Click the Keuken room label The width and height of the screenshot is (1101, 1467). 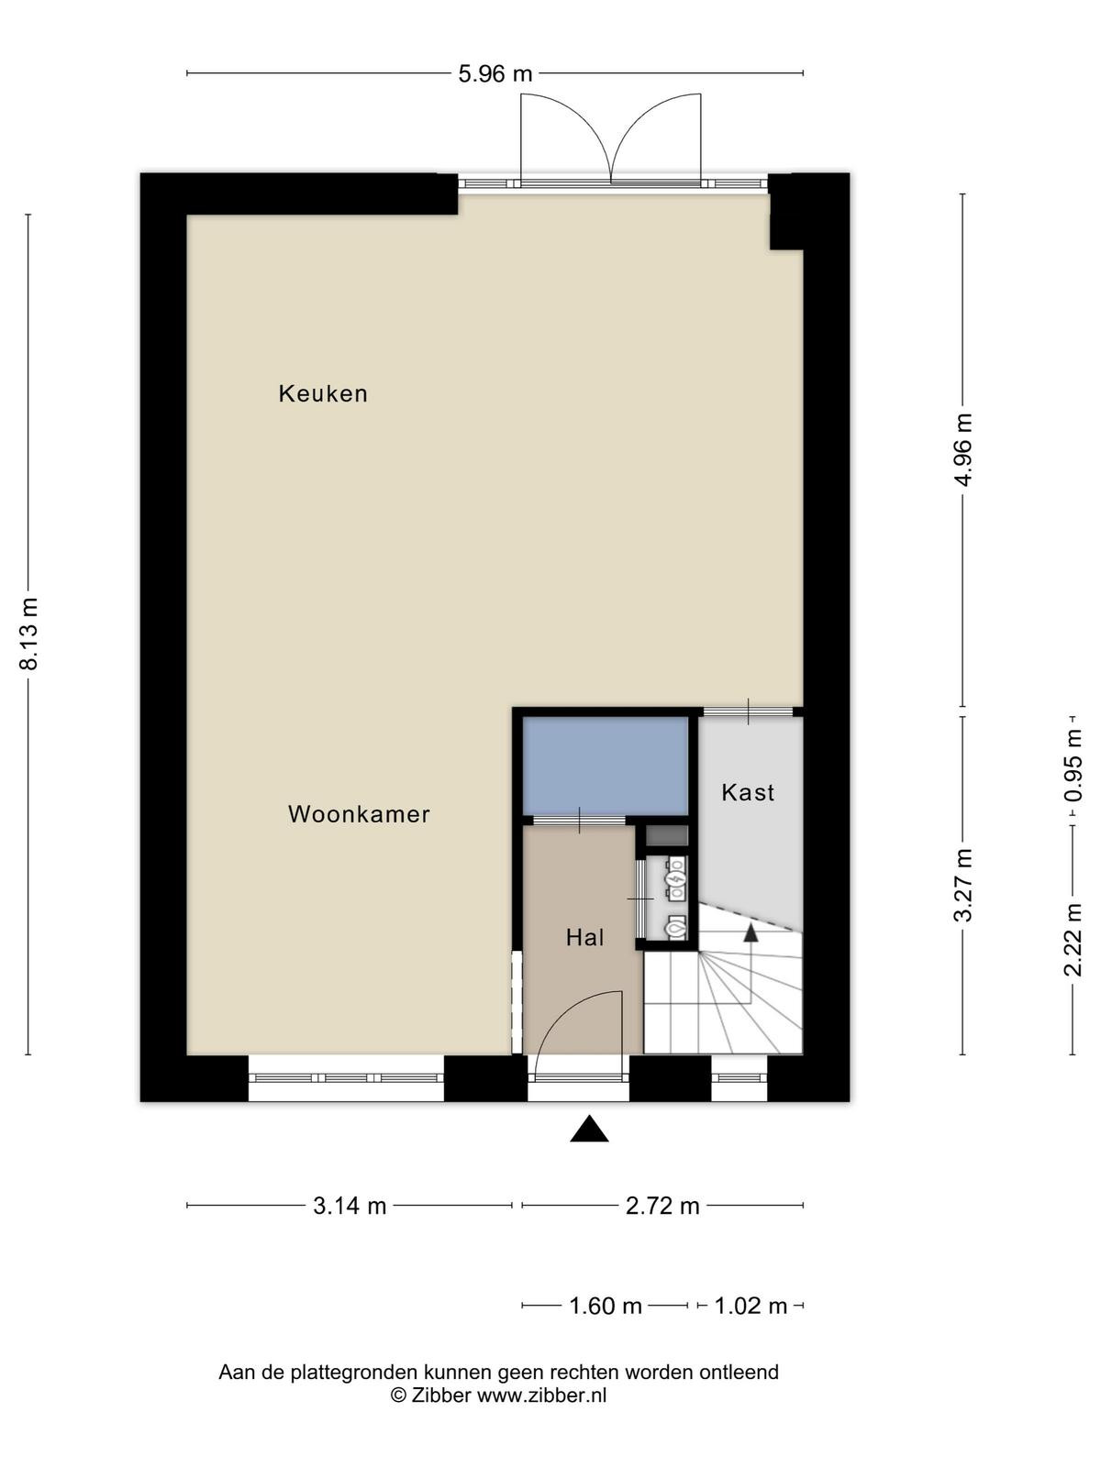click(323, 393)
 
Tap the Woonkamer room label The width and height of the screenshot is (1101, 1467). click(359, 814)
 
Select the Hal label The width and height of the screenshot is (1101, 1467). click(585, 938)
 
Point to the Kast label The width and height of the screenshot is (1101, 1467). click(748, 793)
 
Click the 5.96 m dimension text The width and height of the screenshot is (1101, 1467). click(495, 73)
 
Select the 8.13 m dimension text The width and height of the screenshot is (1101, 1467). click(28, 633)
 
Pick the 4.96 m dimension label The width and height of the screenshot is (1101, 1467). click(963, 450)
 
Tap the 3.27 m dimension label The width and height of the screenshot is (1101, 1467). click(963, 885)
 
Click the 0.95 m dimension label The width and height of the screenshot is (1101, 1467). click(1073, 766)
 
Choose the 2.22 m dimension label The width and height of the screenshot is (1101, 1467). click(1073, 940)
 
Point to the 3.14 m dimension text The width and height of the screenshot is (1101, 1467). click(350, 1206)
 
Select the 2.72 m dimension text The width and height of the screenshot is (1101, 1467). click(662, 1206)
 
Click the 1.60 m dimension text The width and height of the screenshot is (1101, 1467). click(605, 1306)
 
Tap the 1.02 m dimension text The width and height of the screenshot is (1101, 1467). click(751, 1306)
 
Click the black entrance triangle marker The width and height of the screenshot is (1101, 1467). click(589, 1129)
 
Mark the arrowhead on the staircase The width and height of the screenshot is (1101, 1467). click(751, 933)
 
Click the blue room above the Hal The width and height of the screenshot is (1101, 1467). click(605, 766)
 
